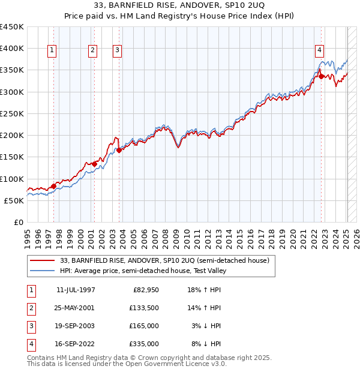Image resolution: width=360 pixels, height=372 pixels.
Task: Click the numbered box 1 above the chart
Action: tap(53, 50)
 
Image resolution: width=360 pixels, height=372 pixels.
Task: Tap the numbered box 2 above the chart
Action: tap(93, 50)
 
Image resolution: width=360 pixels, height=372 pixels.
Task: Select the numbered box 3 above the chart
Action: tap(117, 50)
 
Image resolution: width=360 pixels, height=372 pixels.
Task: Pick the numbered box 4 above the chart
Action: tap(320, 50)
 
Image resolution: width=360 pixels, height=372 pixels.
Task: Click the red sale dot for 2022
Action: tap(322, 76)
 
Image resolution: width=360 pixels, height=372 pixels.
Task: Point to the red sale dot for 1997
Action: tap(53, 186)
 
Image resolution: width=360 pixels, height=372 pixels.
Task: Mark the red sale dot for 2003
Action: tap(119, 151)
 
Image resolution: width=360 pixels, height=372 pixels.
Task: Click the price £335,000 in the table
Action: tap(144, 344)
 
